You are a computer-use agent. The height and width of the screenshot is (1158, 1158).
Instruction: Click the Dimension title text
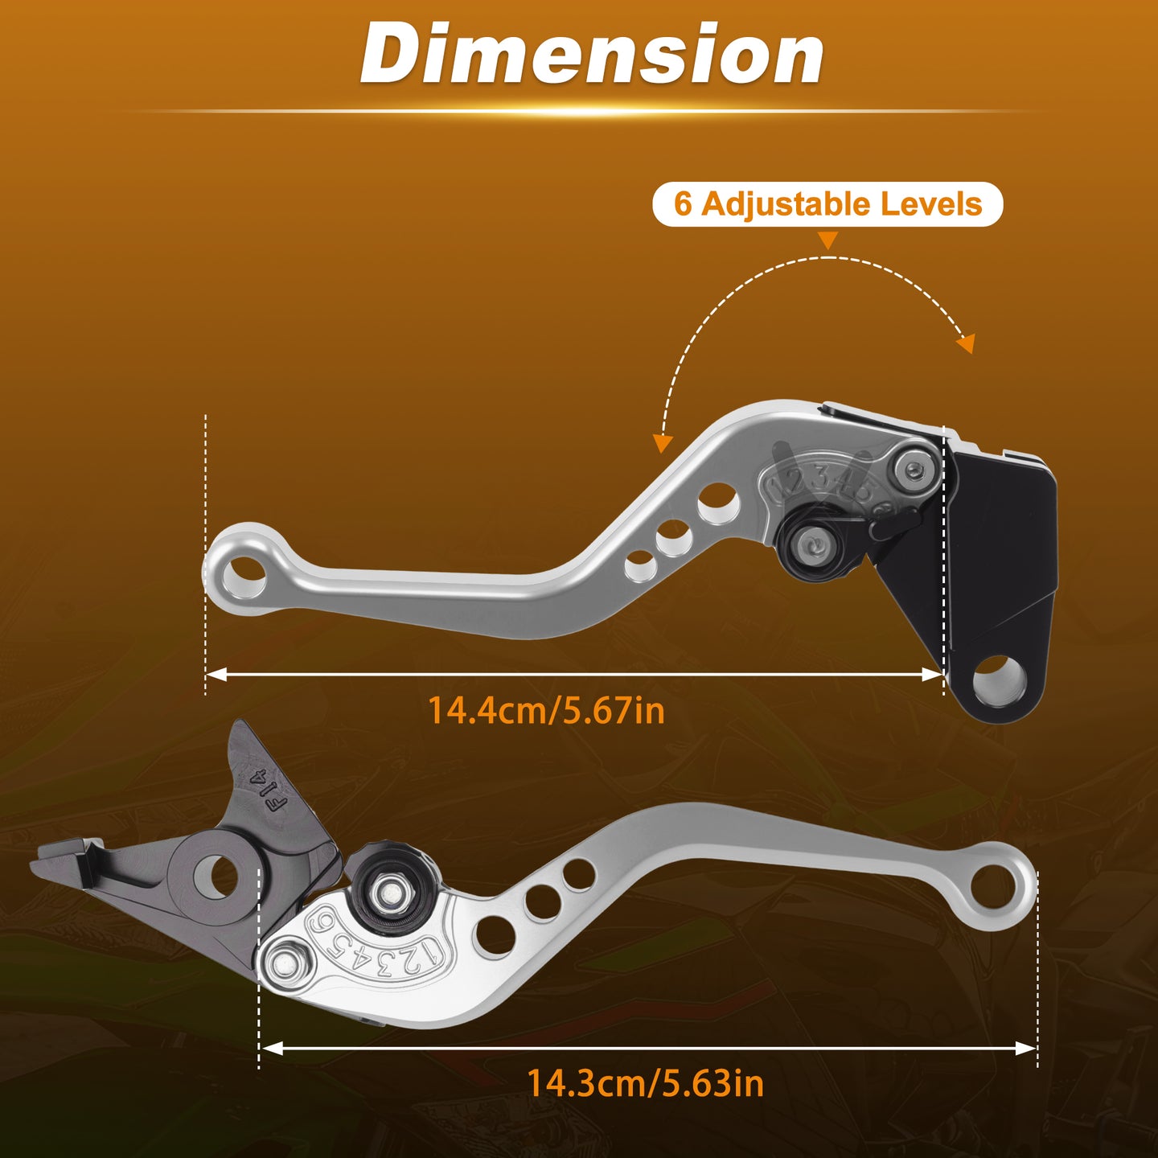[x=592, y=54]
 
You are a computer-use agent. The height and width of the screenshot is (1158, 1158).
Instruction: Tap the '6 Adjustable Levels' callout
[x=827, y=204]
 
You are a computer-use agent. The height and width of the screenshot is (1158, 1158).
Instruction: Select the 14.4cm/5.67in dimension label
[x=546, y=710]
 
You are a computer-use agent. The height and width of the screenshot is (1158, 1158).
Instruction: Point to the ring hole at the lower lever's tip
[x=994, y=886]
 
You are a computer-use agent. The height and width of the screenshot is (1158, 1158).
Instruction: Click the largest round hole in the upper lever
[x=719, y=503]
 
